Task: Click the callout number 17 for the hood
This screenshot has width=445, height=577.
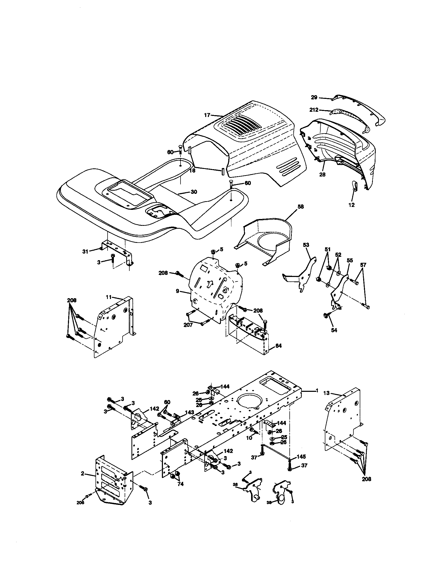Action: [207, 115]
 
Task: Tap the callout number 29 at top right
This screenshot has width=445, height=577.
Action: [314, 98]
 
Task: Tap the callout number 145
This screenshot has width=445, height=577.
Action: [301, 457]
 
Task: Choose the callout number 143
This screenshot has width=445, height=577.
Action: [189, 412]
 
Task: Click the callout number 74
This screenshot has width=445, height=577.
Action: [180, 484]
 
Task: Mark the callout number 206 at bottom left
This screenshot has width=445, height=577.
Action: [80, 503]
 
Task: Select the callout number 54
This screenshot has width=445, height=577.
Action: [334, 330]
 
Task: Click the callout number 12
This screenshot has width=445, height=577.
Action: [352, 205]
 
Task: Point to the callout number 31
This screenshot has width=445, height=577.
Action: [85, 252]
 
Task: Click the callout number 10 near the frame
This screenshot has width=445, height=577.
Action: [249, 438]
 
